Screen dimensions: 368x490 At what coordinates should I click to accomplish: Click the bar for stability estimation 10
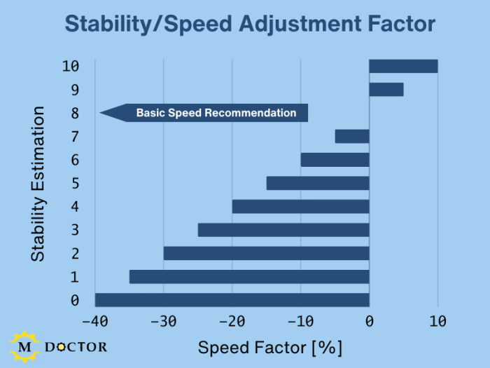(x=403, y=66)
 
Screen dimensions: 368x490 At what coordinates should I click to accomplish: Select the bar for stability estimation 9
(x=386, y=89)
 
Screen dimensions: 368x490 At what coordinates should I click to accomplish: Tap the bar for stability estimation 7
(x=352, y=136)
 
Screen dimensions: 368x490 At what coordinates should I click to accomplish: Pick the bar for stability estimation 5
(x=318, y=183)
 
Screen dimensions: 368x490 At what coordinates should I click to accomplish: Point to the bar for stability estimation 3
(x=283, y=230)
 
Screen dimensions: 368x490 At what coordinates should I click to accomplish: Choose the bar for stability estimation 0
(x=232, y=300)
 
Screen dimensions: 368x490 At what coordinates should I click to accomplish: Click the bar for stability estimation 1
(x=249, y=277)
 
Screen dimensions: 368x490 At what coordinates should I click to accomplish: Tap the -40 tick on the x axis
(x=94, y=322)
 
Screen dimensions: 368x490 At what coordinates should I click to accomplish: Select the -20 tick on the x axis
(x=232, y=322)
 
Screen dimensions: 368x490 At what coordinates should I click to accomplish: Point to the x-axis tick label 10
(x=437, y=322)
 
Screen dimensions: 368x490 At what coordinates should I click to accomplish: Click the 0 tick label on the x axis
(x=370, y=322)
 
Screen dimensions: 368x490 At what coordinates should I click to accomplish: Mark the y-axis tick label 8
(x=75, y=113)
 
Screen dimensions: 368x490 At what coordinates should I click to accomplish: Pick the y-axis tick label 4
(x=75, y=207)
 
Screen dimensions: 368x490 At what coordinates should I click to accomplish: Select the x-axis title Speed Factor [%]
(x=270, y=347)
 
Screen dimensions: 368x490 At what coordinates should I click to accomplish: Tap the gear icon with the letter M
(x=25, y=346)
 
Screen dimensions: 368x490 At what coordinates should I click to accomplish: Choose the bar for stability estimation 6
(x=335, y=160)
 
